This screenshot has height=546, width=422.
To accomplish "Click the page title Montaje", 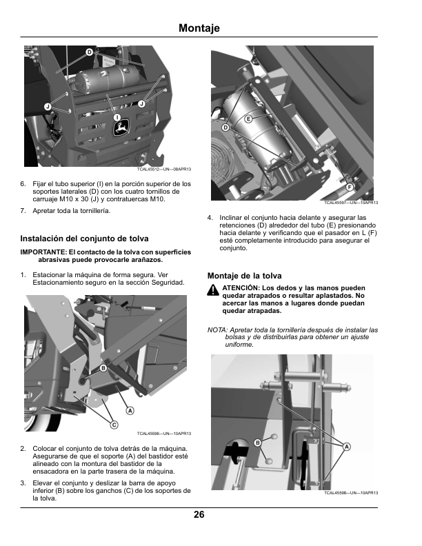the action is tap(199, 28).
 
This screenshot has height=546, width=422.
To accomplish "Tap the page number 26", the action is tap(199, 515).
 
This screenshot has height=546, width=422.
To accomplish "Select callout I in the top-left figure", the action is tap(117, 117).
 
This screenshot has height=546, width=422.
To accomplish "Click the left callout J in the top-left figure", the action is tap(48, 107).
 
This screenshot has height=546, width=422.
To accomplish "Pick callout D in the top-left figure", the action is tap(90, 52).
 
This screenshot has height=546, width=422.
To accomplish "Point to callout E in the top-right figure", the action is tap(248, 119).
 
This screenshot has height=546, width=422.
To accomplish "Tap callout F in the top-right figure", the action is tap(349, 188).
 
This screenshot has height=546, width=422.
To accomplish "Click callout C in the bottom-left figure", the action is tap(114, 425).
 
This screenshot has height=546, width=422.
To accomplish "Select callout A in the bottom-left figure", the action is tap(130, 411).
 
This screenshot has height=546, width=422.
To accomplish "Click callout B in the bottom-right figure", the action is tap(258, 443).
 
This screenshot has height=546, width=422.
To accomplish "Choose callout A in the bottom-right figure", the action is tap(346, 447).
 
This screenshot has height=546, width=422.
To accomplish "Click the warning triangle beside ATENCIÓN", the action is tap(213, 290).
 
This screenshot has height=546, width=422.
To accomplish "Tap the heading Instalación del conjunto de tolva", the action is tap(84, 239).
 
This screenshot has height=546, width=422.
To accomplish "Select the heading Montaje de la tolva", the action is tap(244, 276).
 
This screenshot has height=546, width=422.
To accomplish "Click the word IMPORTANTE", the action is tap(43, 252).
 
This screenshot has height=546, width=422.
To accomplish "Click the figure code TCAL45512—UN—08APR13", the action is tap(164, 169).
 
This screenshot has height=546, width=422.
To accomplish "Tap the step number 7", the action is tap(23, 211).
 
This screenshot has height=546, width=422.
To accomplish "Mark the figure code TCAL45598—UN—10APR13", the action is tap(351, 493).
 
